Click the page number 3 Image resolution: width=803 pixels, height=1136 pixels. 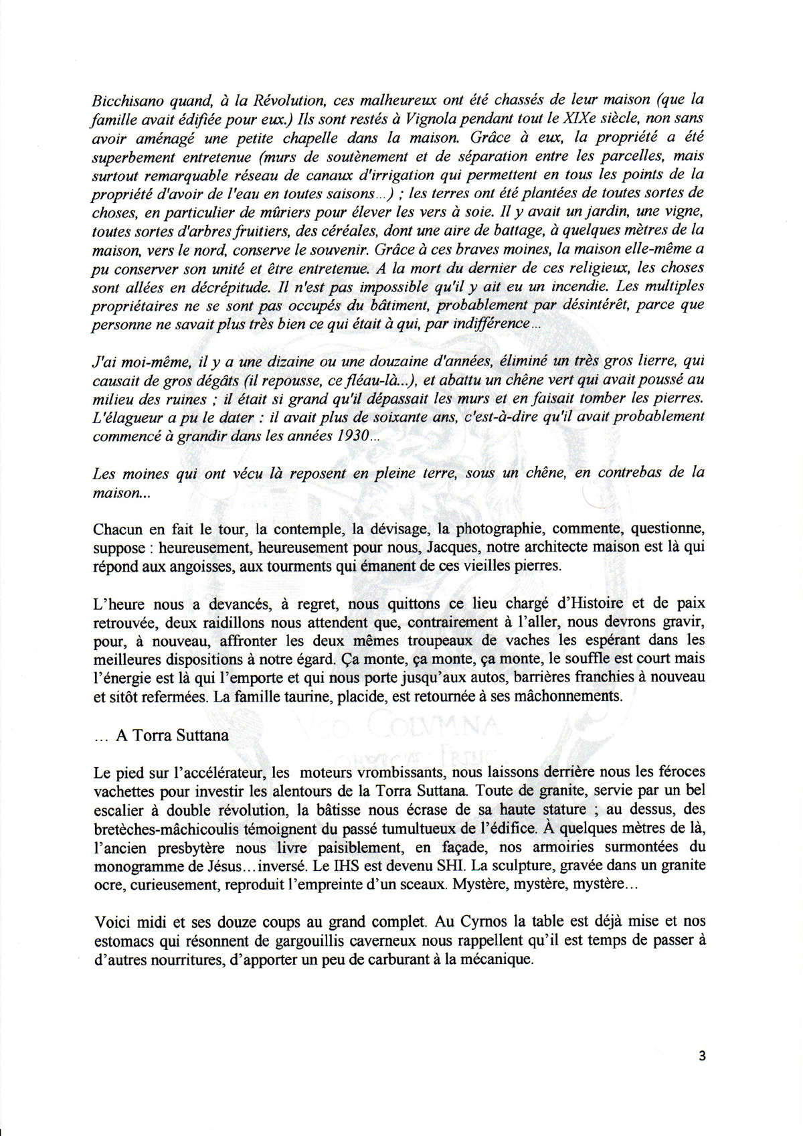coord(701,1056)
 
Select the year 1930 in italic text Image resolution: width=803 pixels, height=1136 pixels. coord(343,436)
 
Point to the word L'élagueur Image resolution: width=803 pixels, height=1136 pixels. coord(125,417)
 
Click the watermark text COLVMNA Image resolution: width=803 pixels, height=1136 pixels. coord(442,728)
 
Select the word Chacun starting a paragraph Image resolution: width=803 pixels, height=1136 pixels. coord(116,529)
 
